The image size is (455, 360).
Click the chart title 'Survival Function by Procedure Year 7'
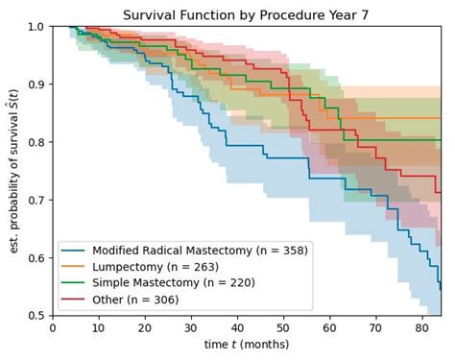click(247, 13)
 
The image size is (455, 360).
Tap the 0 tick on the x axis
click(54, 327)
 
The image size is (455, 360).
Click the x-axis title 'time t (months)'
click(247, 344)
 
